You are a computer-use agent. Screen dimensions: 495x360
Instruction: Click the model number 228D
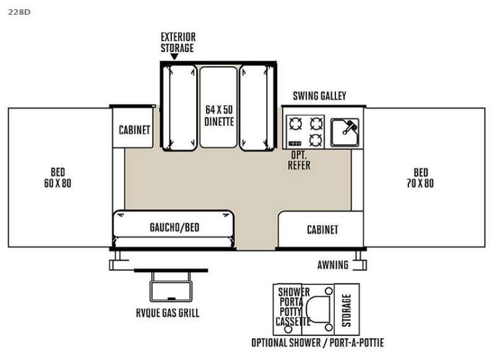pyautogui.click(x=19, y=12)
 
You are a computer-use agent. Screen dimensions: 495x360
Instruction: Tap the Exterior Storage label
pyautogui.click(x=178, y=42)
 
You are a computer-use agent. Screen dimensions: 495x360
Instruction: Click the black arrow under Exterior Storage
pyautogui.click(x=174, y=56)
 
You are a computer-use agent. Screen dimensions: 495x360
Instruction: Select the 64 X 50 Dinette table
pyautogui.click(x=218, y=107)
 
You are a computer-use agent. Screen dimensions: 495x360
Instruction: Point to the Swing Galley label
pyautogui.click(x=319, y=96)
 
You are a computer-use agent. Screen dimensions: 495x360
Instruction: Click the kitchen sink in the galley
pyautogui.click(x=345, y=132)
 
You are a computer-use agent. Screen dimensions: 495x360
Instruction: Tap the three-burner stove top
pyautogui.click(x=305, y=132)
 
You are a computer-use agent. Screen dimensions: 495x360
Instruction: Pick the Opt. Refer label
pyautogui.click(x=299, y=160)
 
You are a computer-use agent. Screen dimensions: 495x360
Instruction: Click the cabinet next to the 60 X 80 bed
pyautogui.click(x=133, y=128)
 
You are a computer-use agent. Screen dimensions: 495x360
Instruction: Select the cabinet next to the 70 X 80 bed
pyautogui.click(x=321, y=229)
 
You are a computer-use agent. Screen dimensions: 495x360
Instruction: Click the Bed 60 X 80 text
pyautogui.click(x=58, y=178)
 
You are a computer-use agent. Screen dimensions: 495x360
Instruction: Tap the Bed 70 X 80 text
pyautogui.click(x=420, y=178)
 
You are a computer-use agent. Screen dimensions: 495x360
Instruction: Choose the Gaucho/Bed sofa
pyautogui.click(x=174, y=229)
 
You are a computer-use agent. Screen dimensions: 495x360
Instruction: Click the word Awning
pyautogui.click(x=333, y=265)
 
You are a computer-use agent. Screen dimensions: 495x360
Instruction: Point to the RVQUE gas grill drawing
pyautogui.click(x=171, y=286)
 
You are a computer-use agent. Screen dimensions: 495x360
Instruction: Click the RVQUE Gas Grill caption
pyautogui.click(x=168, y=312)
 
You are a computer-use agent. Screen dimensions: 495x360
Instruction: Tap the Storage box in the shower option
pyautogui.click(x=346, y=309)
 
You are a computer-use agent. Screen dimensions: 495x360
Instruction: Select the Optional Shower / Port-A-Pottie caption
pyautogui.click(x=317, y=343)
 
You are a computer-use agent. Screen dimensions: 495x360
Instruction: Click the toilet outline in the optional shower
pyautogui.click(x=318, y=309)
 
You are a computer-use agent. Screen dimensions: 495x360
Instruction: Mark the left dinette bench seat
pyautogui.click(x=179, y=107)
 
